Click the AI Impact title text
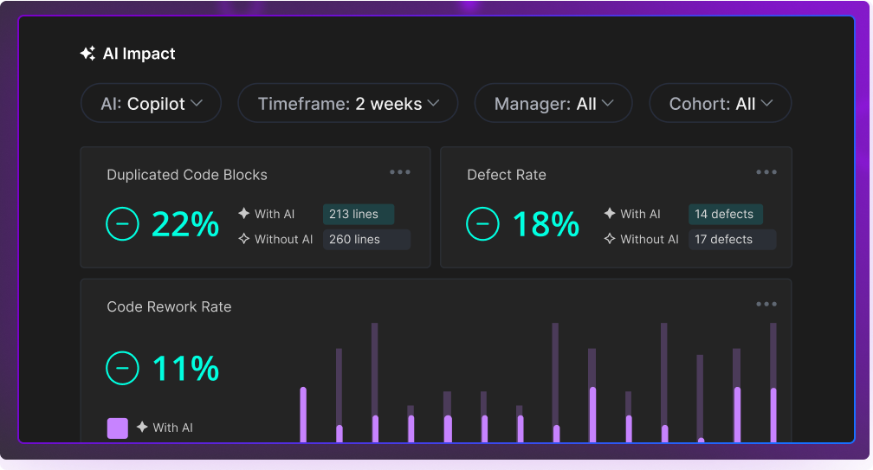point(139,54)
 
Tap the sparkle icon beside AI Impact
point(87,54)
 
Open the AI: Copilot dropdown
point(151,104)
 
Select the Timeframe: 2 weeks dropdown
point(347,104)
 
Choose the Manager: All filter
point(553,104)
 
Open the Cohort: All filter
point(720,104)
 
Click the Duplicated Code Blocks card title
point(187,175)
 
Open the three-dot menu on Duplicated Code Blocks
point(400,172)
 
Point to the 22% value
point(185,225)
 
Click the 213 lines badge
point(358,214)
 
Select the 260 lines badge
point(366,239)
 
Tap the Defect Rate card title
point(507,175)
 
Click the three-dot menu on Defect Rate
point(766,172)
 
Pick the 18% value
point(546,225)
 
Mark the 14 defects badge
point(724,214)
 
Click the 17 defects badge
point(732,239)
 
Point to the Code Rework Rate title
point(169,306)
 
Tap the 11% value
point(185,369)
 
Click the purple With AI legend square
point(118,428)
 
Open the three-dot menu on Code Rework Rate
point(766,304)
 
